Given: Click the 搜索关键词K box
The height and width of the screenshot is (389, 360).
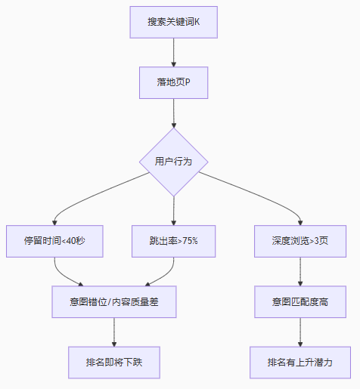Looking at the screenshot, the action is pos(174,22).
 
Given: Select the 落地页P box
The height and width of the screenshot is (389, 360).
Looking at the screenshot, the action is pos(174,82).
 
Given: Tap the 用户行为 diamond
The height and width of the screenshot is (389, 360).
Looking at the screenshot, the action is pos(174,162).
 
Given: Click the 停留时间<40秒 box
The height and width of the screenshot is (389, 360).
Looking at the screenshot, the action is pos(54,241).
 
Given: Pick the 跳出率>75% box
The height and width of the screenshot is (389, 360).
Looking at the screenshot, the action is pos(174,241).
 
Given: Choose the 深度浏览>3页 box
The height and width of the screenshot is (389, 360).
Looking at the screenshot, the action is pos(300,241).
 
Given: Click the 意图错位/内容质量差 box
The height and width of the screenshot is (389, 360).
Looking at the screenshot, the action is pos(114,301).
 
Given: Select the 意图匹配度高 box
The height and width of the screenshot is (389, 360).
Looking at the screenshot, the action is pos(300,301).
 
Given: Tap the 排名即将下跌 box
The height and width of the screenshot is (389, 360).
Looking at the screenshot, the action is pos(114,363).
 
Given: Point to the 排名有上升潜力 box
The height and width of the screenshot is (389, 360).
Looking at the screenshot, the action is pos(300,363).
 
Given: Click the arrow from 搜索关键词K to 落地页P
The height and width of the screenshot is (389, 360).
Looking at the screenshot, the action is pos(174,52).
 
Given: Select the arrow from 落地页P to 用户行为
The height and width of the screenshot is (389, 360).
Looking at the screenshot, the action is pos(174,113).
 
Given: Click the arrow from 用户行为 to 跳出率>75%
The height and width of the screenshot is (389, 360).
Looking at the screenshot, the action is pos(174,211).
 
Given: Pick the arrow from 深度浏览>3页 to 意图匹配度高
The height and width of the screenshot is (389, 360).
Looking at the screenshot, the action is pos(300,271).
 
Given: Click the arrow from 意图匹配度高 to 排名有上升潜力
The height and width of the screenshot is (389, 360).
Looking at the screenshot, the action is pos(300,332).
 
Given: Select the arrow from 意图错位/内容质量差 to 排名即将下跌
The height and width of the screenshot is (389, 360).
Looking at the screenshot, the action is pos(114,332).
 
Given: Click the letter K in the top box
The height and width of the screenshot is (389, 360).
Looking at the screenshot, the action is pos(197,22).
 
